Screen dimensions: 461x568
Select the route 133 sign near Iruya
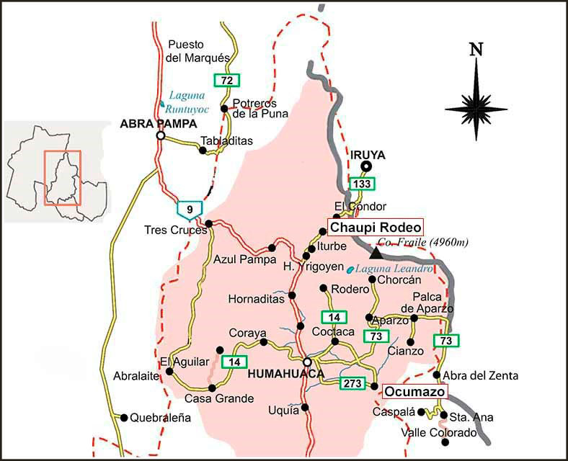click(363, 184)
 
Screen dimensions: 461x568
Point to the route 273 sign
click(352, 383)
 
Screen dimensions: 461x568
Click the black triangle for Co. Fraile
click(376, 253)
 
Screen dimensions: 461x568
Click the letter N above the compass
click(475, 50)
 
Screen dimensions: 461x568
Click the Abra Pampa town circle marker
click(161, 135)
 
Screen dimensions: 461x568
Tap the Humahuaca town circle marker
click(307, 362)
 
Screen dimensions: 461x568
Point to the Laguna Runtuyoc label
click(187, 102)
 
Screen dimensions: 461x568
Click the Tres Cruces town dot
click(208, 223)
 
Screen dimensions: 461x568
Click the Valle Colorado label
click(439, 433)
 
